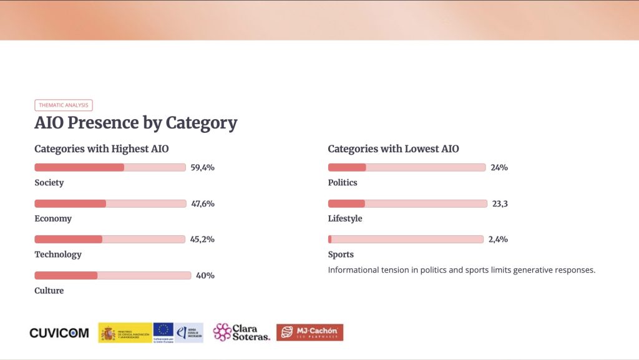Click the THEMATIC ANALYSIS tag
(x=64, y=105)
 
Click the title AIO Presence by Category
(x=135, y=123)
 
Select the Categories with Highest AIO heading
(x=101, y=149)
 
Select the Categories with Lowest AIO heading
(x=393, y=149)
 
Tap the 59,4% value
(x=202, y=167)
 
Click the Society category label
(x=49, y=183)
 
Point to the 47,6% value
(x=203, y=203)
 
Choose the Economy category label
(x=53, y=218)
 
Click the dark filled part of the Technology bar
(x=68, y=239)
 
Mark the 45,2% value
(x=202, y=239)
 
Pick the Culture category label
(x=49, y=290)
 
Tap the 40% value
(x=205, y=275)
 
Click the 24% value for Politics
(x=499, y=167)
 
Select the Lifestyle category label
(x=345, y=218)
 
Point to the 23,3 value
(x=500, y=203)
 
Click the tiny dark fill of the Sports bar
(x=330, y=239)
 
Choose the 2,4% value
(x=498, y=239)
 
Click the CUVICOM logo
(x=59, y=333)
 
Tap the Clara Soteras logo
(x=241, y=332)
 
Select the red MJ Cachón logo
(x=310, y=333)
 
